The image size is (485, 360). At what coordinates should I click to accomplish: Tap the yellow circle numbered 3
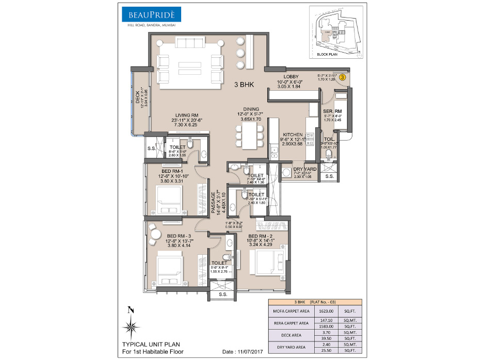tap(343, 77)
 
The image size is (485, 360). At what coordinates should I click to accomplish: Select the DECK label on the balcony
tap(137, 97)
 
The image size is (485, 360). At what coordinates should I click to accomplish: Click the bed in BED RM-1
tap(169, 199)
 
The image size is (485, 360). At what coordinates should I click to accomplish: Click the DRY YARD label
tap(302, 168)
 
